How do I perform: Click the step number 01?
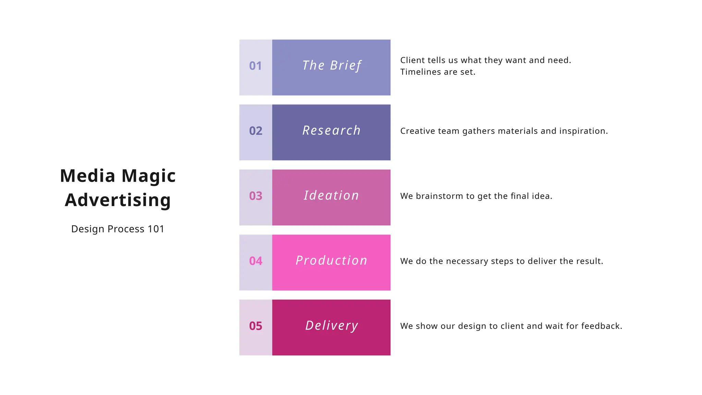255,66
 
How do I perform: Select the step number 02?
256,131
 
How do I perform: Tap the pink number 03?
256,196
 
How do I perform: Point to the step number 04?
256,261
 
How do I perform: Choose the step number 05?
256,326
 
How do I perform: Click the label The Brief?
331,65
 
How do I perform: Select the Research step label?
331,131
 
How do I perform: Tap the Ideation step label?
331,195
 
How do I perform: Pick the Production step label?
331,261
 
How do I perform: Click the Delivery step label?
331,325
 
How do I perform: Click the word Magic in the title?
148,176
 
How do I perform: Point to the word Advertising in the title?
118,200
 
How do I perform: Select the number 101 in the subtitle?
156,229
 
